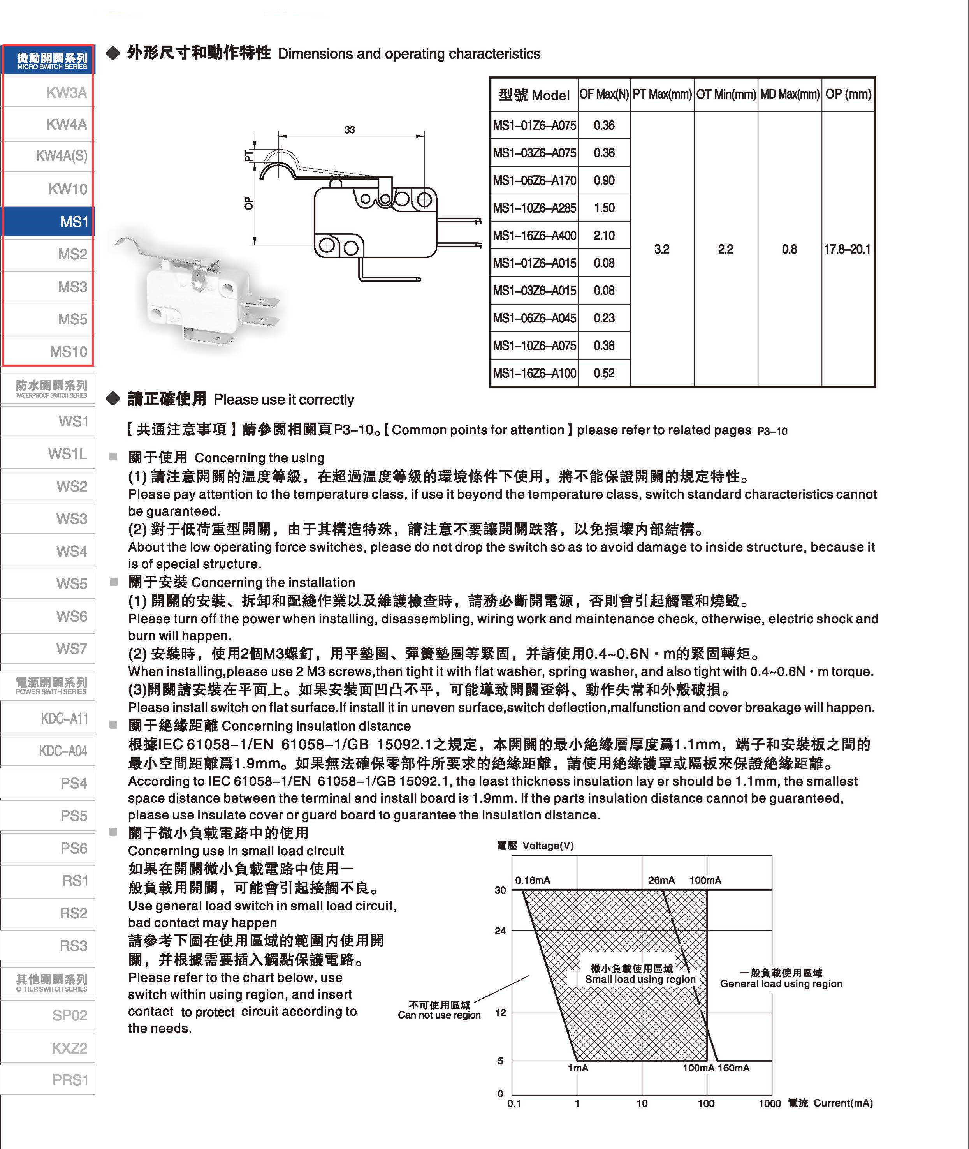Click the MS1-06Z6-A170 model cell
click(534, 180)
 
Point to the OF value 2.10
click(604, 235)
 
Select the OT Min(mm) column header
click(726, 95)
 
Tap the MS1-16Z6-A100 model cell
click(534, 373)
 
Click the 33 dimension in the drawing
click(350, 130)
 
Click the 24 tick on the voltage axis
click(500, 931)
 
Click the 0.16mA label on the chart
click(532, 880)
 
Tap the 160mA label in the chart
click(734, 1068)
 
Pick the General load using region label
click(781, 983)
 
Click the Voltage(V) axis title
click(548, 846)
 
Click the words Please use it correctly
click(284, 400)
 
